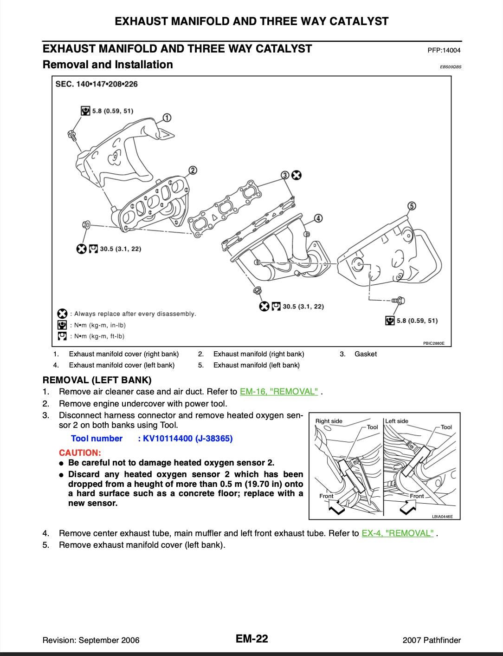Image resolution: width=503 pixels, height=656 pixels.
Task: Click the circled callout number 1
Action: (x=167, y=118)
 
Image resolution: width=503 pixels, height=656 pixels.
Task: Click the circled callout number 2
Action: (x=193, y=171)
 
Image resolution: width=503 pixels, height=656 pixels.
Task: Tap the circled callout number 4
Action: (x=318, y=218)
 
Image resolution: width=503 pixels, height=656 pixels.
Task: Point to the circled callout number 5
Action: (x=411, y=206)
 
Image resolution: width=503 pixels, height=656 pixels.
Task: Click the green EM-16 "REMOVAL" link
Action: (x=279, y=392)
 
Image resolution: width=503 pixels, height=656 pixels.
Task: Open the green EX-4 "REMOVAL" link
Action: (x=398, y=533)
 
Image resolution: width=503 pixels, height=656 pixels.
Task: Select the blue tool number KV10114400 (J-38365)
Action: (x=185, y=439)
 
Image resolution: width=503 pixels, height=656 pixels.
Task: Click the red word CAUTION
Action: (x=80, y=453)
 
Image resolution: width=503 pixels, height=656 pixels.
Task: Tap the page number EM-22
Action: (x=251, y=639)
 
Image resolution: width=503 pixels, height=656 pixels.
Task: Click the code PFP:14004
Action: (x=444, y=50)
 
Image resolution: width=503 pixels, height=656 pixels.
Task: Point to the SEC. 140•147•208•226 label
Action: (x=97, y=84)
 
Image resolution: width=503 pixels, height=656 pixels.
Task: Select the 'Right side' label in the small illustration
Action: (x=329, y=421)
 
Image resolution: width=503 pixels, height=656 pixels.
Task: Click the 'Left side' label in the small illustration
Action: (x=397, y=421)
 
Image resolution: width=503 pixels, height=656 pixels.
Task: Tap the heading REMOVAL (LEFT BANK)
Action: (x=97, y=380)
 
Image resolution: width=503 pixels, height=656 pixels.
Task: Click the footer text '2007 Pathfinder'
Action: (x=432, y=640)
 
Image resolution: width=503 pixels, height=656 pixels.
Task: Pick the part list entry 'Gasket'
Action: (x=365, y=354)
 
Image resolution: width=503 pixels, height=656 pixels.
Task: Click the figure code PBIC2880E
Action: (x=433, y=343)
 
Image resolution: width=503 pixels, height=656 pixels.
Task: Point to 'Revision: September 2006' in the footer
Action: (x=91, y=640)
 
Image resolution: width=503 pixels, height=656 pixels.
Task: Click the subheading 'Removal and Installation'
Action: (x=108, y=65)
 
